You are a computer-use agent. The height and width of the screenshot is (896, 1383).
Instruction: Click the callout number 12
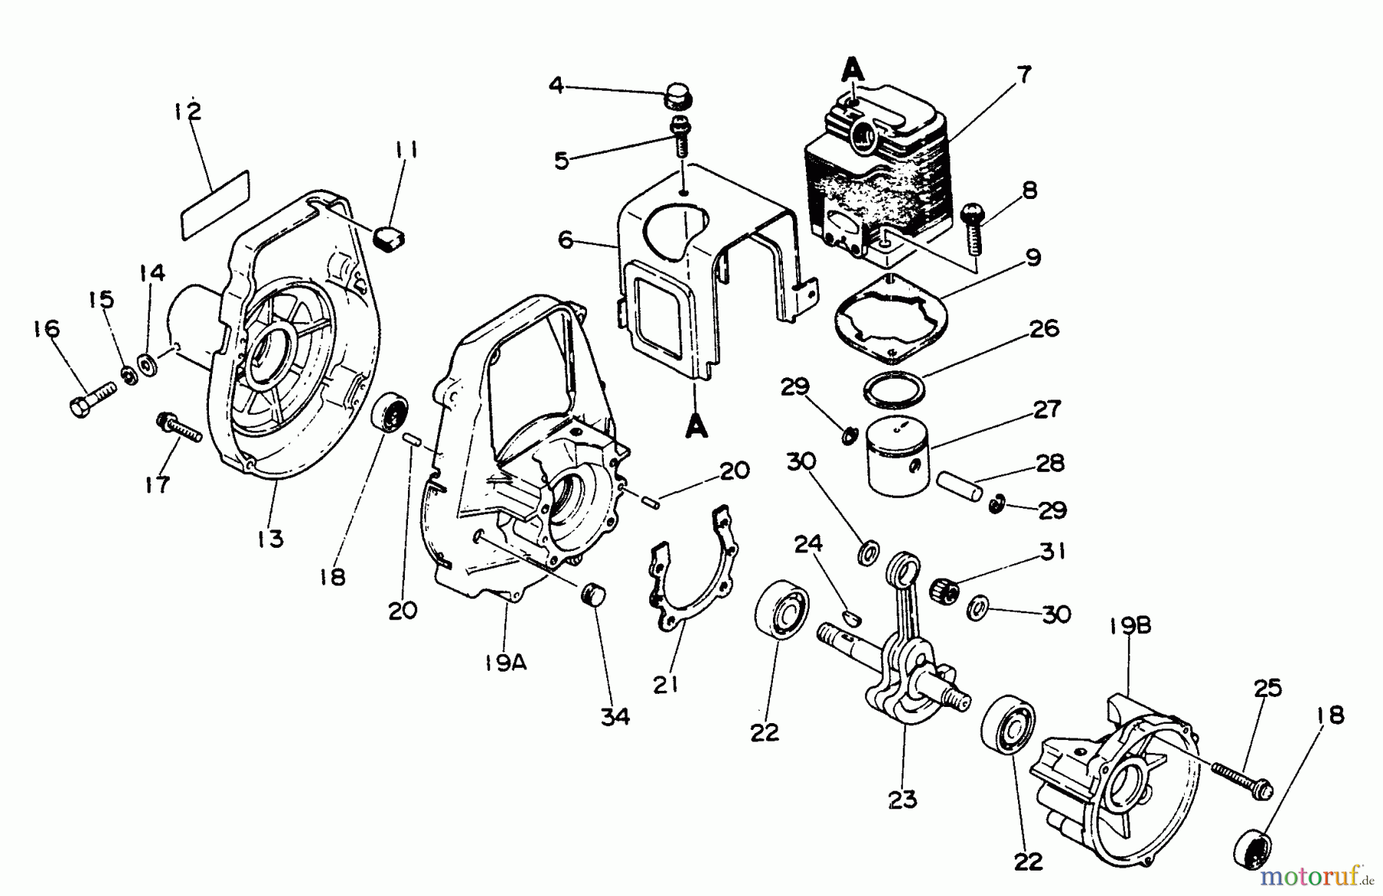click(x=187, y=112)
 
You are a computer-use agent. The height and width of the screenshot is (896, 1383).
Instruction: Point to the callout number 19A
click(x=506, y=662)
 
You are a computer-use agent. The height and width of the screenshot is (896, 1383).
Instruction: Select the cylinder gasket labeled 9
click(x=890, y=320)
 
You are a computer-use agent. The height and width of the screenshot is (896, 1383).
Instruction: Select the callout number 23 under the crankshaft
click(x=902, y=799)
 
